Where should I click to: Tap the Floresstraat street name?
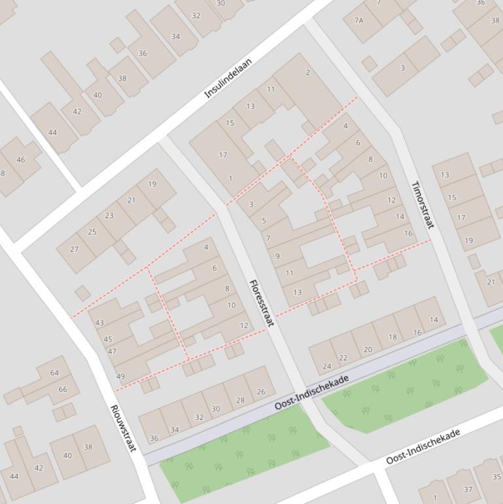click(x=261, y=303)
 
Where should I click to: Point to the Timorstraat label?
click(x=422, y=205)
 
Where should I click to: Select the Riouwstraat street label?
click(x=123, y=428)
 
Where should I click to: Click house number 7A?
click(x=358, y=20)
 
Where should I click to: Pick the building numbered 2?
click(x=307, y=73)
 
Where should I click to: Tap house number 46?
click(x=20, y=160)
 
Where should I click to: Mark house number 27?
click(x=74, y=249)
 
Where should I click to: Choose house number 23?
click(x=109, y=215)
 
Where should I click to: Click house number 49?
click(x=120, y=376)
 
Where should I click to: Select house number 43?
click(x=99, y=323)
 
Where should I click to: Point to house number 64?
click(x=54, y=373)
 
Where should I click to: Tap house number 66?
click(x=63, y=389)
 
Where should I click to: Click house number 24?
click(x=326, y=367)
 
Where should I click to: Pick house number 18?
click(x=392, y=337)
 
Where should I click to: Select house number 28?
click(x=240, y=400)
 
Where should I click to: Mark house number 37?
click(x=468, y=489)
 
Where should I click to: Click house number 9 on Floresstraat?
click(x=277, y=257)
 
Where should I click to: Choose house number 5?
click(x=264, y=221)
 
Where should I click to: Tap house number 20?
click(x=368, y=350)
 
